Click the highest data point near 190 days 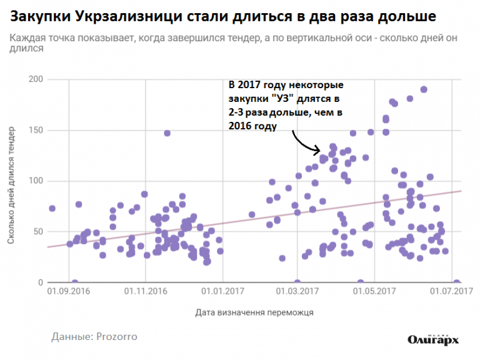point(424,89)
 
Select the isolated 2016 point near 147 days point(167,133)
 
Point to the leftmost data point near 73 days point(52,209)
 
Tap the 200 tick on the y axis point(36,79)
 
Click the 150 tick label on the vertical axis point(36,130)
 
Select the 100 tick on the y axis point(36,181)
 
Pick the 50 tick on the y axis point(38,231)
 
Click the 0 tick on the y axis point(41,282)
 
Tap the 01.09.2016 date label point(69,291)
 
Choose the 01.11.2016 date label point(146,291)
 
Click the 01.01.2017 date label point(223,291)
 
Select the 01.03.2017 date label point(297,291)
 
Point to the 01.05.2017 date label point(374,291)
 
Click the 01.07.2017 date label point(451,291)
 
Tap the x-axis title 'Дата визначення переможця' point(254,312)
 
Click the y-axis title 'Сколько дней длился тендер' point(11,186)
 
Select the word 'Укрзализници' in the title point(129,16)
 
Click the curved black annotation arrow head point(317,150)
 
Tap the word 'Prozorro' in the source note point(117,337)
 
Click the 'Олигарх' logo point(433,339)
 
